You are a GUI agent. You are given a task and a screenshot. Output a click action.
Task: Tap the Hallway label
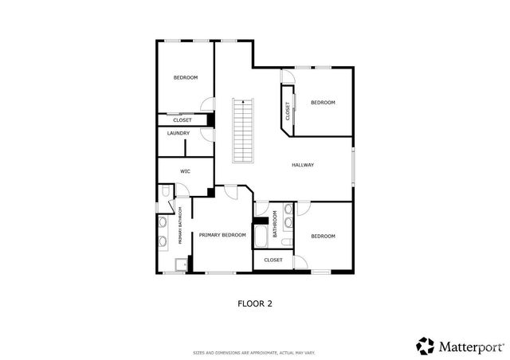click(x=303, y=165)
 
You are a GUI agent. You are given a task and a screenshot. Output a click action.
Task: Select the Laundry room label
click(x=178, y=133)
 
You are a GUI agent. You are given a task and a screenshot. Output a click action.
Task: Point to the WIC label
click(x=185, y=171)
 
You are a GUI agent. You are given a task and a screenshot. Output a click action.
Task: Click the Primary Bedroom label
click(x=222, y=235)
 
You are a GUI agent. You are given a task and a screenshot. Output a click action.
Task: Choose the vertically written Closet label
click(x=288, y=111)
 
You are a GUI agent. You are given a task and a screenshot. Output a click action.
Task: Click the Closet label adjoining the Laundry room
click(x=182, y=120)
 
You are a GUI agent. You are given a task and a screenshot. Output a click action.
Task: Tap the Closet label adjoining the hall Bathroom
click(x=273, y=260)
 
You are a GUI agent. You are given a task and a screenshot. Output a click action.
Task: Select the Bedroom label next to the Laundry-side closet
click(x=186, y=77)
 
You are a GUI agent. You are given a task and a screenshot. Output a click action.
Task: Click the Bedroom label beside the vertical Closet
click(x=323, y=102)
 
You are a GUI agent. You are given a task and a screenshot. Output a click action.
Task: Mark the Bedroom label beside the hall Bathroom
click(x=323, y=236)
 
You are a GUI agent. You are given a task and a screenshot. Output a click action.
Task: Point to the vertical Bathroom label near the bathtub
click(x=275, y=224)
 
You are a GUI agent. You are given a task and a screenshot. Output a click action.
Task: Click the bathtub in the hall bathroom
click(x=261, y=237)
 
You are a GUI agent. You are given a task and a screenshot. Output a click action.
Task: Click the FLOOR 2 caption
click(x=255, y=303)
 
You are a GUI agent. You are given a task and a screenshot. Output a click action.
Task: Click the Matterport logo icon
click(x=426, y=346)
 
